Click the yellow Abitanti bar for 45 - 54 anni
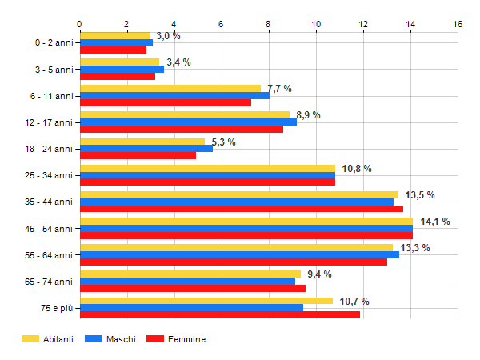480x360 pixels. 246,221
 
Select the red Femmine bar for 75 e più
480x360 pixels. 220,314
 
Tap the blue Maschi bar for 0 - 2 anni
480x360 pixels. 116,42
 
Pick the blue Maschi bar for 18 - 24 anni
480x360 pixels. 146,148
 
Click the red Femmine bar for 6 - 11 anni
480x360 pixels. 166,102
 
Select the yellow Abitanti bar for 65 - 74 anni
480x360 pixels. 190,274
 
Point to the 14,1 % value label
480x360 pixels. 435,222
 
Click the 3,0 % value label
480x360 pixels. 168,36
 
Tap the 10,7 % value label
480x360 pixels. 355,301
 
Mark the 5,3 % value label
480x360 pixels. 223,142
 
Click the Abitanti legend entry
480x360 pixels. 47,339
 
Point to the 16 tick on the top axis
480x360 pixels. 458,24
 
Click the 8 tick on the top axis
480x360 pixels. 269,24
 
